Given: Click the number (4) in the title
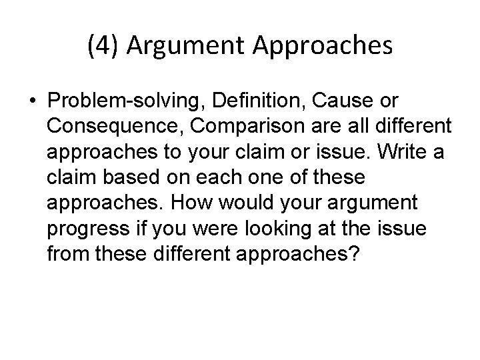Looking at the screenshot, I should point(101,46).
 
